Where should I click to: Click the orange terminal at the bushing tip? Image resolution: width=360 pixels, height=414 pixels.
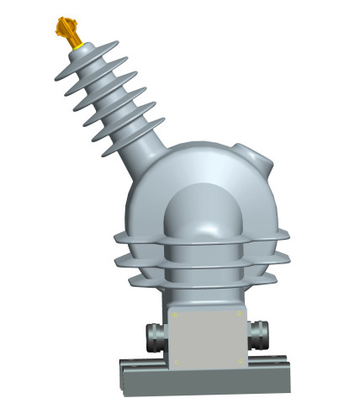tap(66, 30)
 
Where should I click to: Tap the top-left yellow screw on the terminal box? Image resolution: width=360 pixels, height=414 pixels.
tap(176, 315)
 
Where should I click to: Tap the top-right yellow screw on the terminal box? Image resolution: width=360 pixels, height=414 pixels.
tap(240, 315)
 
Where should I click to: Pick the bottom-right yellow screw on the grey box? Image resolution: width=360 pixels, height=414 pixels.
tap(240, 363)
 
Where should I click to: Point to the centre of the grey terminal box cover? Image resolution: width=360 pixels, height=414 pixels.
tap(208, 338)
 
